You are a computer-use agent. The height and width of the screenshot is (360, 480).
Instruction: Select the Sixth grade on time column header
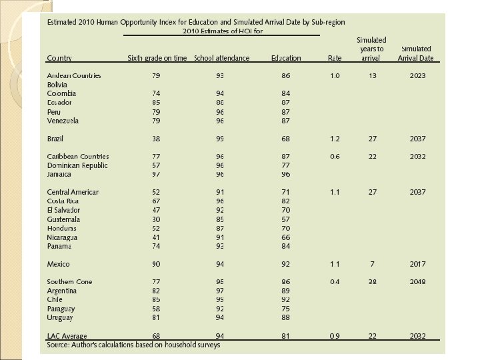157,58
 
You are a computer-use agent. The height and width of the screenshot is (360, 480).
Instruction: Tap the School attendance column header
221,58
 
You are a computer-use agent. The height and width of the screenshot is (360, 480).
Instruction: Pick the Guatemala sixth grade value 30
156,219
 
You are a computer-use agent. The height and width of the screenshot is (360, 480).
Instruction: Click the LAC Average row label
67,336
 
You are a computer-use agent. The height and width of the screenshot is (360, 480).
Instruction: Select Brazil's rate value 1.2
335,139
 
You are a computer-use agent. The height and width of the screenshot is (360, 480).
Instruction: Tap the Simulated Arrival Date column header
416,53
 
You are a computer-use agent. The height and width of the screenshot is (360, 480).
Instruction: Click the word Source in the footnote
58,345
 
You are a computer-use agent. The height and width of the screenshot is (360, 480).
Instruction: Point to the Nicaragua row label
62,237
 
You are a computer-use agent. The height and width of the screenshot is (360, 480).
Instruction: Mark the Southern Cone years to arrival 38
372,282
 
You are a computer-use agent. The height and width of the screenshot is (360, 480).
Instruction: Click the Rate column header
335,58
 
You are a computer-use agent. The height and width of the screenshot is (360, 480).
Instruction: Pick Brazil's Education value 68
286,139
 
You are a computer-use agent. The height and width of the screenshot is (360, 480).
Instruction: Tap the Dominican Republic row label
77,165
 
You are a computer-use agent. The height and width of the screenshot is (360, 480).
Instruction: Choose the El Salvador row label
63,210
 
